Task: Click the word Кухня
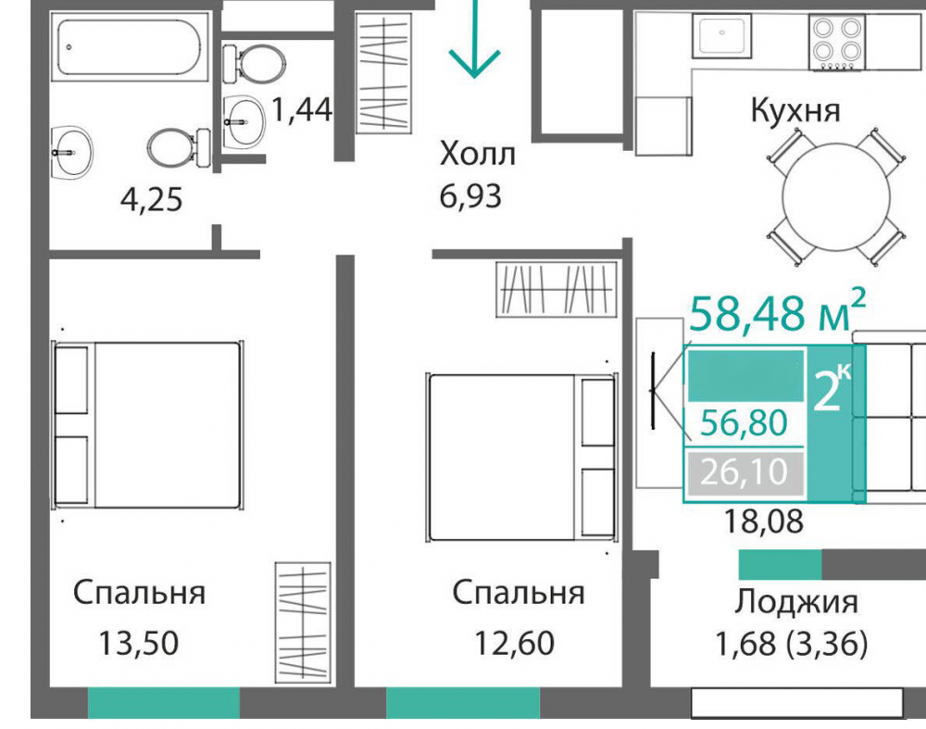pos(795,112)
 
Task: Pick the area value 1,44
pos(301,111)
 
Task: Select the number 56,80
pos(744,424)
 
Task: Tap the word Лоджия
pos(796,602)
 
